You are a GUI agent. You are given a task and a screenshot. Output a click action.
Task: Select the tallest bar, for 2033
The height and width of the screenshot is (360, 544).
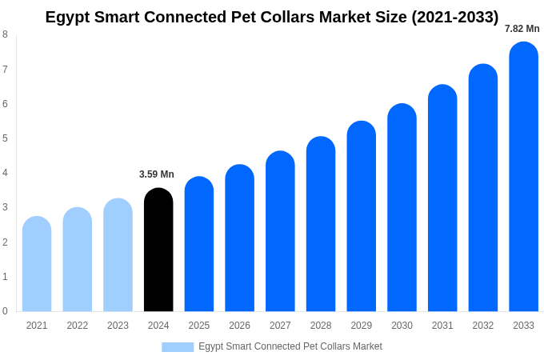pyautogui.click(x=523, y=176)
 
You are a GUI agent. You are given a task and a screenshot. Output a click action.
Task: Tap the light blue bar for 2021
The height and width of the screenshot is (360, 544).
pyautogui.click(x=37, y=264)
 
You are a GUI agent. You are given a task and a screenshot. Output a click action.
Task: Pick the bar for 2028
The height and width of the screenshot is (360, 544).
pyautogui.click(x=321, y=224)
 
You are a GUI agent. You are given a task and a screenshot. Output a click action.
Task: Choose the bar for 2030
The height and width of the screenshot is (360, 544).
pyautogui.click(x=402, y=208)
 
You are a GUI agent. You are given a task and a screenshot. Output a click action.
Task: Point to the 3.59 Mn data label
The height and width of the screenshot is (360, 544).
pyautogui.click(x=157, y=174)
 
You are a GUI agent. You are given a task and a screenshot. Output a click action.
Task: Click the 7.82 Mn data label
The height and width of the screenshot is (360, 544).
pyautogui.click(x=522, y=29)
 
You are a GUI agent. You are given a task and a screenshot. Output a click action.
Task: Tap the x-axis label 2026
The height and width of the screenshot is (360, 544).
pyautogui.click(x=239, y=326)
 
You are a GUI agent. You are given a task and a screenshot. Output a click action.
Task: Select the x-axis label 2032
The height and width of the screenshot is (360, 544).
pyautogui.click(x=482, y=326)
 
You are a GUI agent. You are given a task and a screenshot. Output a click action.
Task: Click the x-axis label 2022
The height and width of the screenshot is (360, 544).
pyautogui.click(x=78, y=326)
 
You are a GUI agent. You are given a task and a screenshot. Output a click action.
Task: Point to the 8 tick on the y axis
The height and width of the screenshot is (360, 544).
pyautogui.click(x=5, y=34)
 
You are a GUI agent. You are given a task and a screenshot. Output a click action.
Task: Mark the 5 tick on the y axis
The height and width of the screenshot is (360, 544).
pyautogui.click(x=5, y=138)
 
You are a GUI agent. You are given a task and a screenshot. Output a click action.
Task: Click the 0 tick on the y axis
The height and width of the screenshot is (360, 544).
pyautogui.click(x=5, y=311)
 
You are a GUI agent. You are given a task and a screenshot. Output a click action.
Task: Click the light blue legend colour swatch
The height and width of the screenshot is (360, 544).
pyautogui.click(x=178, y=346)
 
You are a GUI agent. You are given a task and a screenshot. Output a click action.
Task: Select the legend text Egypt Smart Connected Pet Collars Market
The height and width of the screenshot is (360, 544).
pyautogui.click(x=290, y=346)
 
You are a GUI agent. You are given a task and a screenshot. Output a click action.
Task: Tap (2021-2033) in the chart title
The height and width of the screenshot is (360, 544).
pyautogui.click(x=454, y=17)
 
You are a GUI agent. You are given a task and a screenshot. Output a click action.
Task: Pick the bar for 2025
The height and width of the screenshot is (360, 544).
pyautogui.click(x=199, y=244)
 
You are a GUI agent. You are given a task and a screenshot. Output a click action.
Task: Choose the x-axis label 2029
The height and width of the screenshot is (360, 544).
pyautogui.click(x=361, y=326)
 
